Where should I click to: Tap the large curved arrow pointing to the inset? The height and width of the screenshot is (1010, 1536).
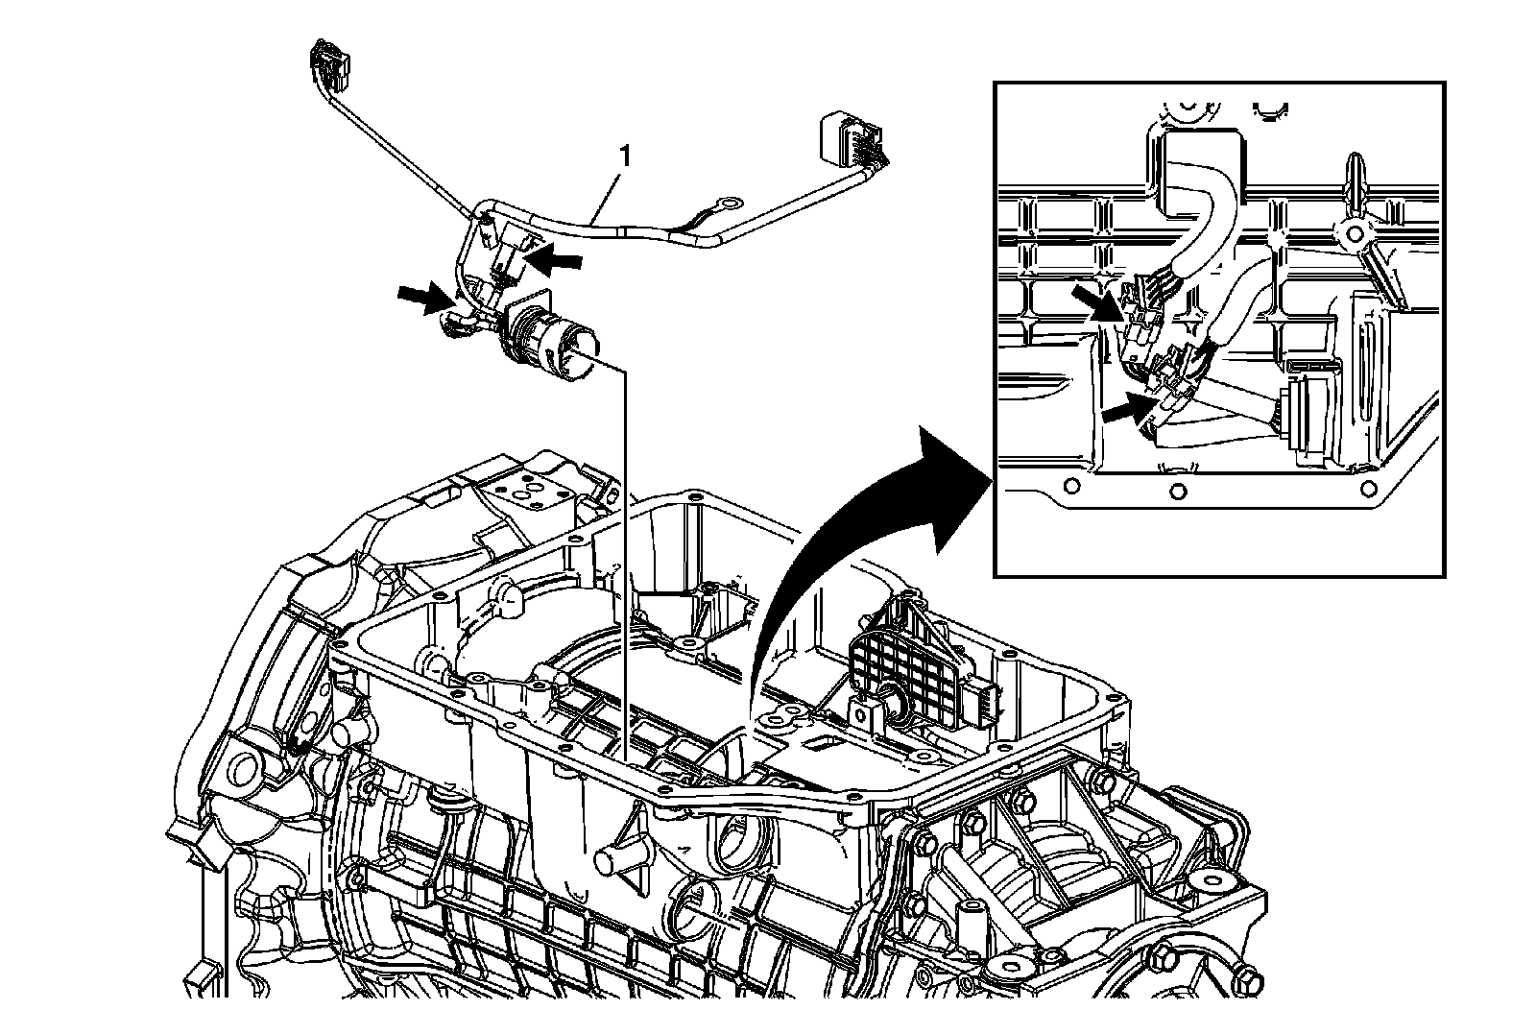864,538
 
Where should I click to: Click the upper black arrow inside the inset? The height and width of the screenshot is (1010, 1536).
1097,299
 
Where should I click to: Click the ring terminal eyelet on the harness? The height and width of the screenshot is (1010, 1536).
730,204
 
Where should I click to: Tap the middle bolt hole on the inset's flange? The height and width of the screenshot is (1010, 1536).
1178,493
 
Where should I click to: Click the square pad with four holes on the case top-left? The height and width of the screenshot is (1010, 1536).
525,495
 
